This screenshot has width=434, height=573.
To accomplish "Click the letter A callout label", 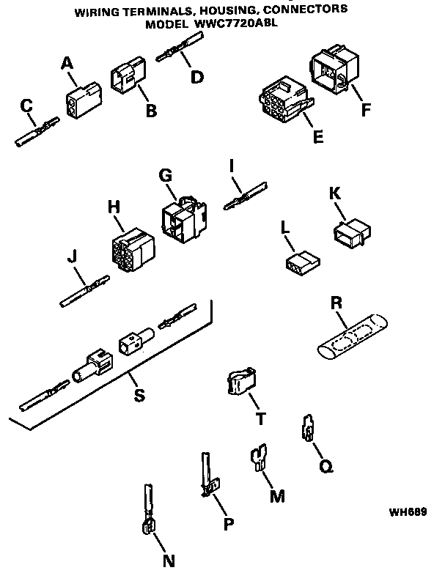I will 68,64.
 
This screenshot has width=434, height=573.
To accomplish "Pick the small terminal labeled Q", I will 308,429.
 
